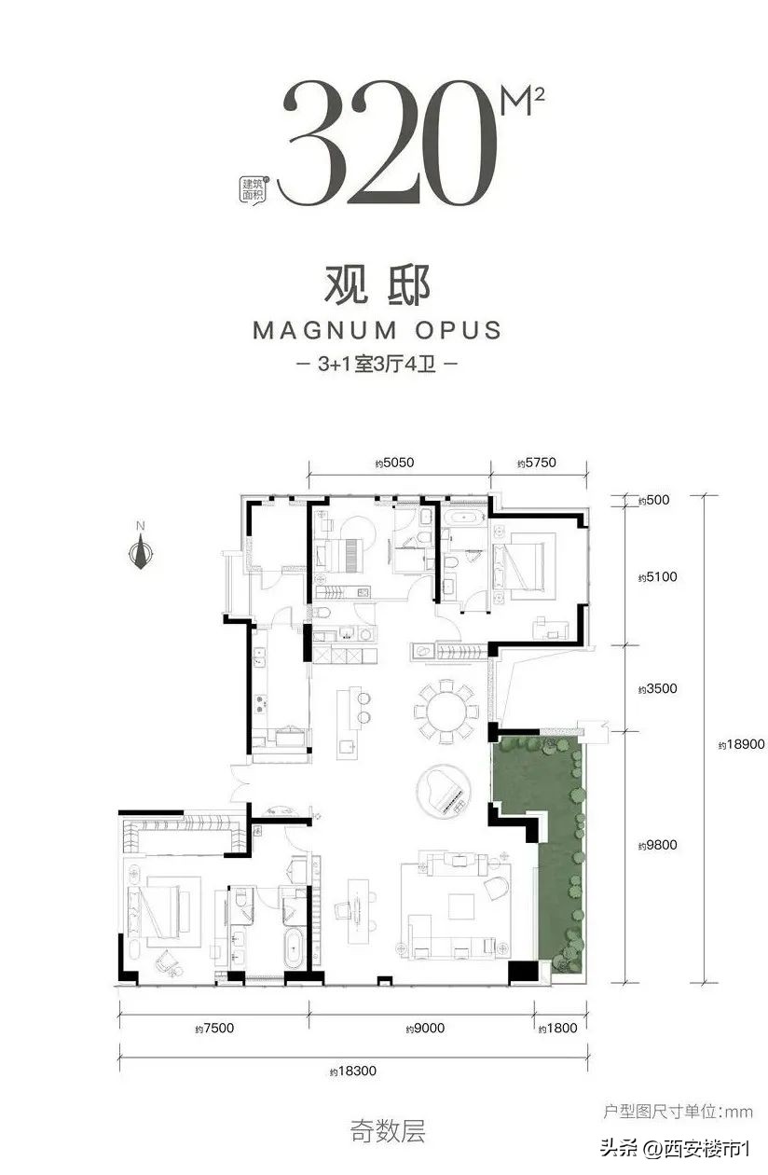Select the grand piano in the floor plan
[446, 794]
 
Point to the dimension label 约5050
[394, 463]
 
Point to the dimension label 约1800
[558, 1029]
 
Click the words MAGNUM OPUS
[377, 329]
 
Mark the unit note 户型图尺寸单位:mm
[678, 1112]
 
